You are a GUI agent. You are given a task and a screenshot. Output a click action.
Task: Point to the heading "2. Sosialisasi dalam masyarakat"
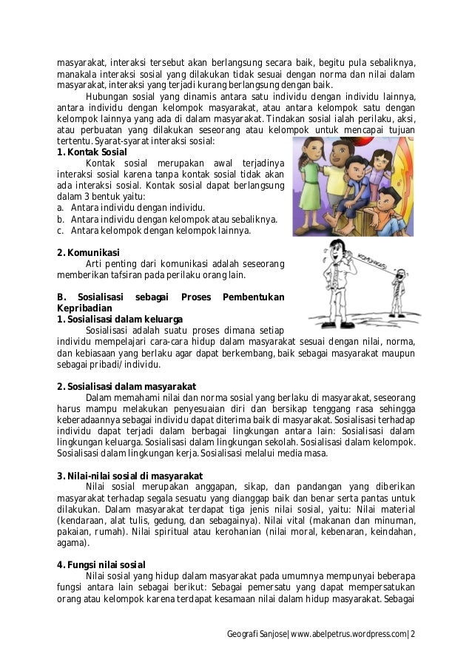pyautogui.click(x=126, y=386)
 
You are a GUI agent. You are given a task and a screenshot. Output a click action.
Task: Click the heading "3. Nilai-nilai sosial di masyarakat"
pyautogui.click(x=129, y=475)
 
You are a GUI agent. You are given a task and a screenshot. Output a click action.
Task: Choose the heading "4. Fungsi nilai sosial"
pyautogui.click(x=101, y=564)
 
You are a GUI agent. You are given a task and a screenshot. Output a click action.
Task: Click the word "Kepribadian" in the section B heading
pyautogui.click(x=84, y=308)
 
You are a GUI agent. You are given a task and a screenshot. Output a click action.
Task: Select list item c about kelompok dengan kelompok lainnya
pyautogui.click(x=154, y=230)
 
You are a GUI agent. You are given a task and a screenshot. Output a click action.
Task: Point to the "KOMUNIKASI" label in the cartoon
pyautogui.click(x=366, y=263)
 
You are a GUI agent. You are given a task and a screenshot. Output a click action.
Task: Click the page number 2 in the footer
pyautogui.click(x=413, y=634)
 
